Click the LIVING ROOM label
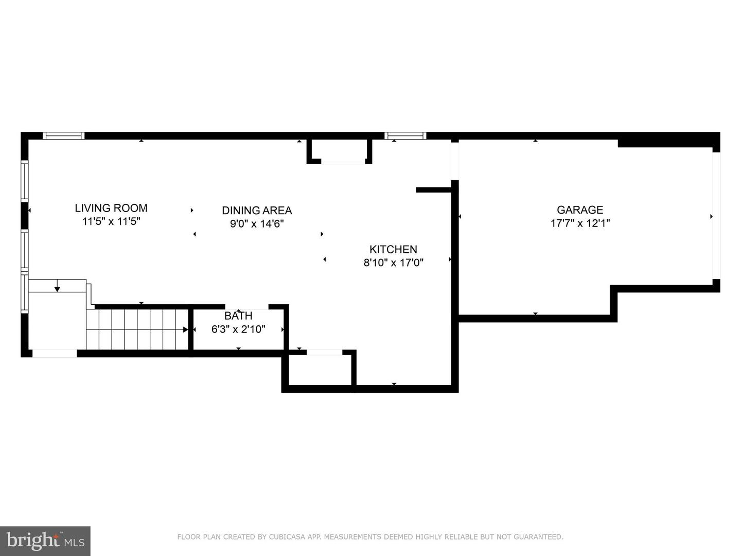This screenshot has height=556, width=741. (111, 208)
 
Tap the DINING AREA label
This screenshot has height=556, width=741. (257, 211)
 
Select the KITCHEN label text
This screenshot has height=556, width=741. (393, 249)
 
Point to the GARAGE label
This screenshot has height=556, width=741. (580, 210)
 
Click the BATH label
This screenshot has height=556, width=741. (238, 316)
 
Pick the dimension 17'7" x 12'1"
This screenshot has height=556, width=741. (580, 223)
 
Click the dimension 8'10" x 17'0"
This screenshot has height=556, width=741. (393, 263)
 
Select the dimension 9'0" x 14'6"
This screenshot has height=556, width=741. (257, 223)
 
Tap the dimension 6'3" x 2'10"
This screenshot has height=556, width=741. (238, 329)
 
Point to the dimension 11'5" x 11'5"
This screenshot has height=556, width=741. (111, 221)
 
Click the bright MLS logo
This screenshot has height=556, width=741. (45, 541)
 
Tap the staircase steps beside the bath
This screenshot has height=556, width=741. (137, 329)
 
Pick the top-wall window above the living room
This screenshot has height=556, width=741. (63, 136)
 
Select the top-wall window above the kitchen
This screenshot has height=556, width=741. (405, 136)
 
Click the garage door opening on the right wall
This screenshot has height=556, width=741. (716, 216)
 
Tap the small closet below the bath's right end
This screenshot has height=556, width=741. (320, 369)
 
